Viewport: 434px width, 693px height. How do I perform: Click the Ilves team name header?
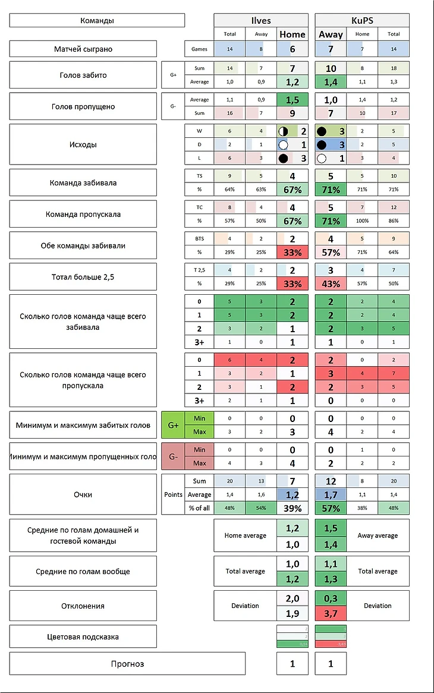[260, 20]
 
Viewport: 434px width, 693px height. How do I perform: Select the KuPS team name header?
[361, 20]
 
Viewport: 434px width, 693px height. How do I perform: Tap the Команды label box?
[97, 21]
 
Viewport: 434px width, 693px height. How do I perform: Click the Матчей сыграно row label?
[83, 49]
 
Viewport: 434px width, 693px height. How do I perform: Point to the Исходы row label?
[83, 144]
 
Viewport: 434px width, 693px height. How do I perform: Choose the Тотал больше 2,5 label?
[83, 277]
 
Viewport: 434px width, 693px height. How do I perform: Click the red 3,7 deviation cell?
[331, 612]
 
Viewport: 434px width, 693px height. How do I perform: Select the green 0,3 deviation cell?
[331, 598]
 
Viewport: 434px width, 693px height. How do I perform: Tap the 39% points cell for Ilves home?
[293, 508]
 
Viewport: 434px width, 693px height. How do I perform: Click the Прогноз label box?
[127, 663]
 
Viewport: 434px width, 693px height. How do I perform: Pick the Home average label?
[245, 535]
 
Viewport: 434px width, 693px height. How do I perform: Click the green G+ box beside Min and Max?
[173, 425]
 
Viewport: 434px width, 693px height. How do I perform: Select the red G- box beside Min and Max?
[173, 456]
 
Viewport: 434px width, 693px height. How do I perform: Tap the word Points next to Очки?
[173, 494]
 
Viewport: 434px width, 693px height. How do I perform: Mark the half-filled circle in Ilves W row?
[284, 131]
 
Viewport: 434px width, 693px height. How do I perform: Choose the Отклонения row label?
[83, 606]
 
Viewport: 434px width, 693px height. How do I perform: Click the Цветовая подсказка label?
[83, 637]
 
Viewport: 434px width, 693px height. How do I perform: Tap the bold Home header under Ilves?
[293, 34]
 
